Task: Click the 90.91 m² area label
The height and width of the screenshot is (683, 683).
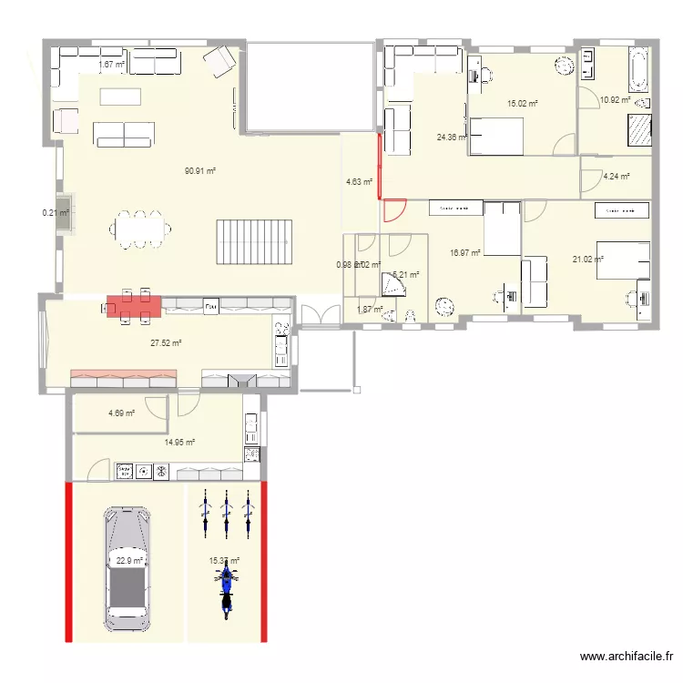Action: coord(199,170)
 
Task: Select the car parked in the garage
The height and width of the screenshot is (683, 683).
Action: coord(127,568)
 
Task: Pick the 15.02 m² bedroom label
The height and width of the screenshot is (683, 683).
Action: coord(523,104)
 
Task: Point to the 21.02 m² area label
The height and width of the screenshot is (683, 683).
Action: coord(587,260)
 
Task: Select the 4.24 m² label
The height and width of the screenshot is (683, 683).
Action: coord(616,177)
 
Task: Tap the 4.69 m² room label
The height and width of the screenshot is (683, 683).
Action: coord(121,413)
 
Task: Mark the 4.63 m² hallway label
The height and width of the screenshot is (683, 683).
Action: coord(359,182)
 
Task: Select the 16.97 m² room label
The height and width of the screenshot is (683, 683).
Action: coord(465,253)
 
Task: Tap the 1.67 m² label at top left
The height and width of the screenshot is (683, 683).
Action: coord(111,65)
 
